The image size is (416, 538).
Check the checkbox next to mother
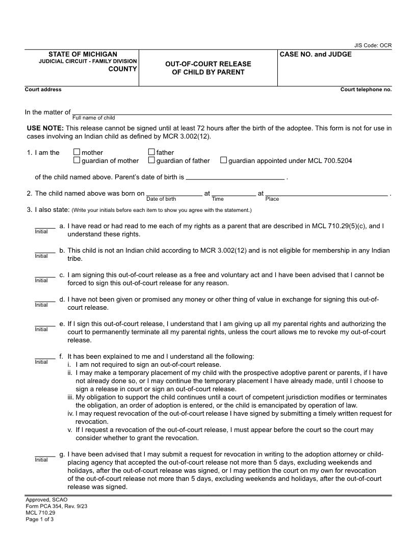[x=77, y=152]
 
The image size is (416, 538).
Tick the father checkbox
[x=152, y=152]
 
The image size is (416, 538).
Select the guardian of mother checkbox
[x=77, y=160]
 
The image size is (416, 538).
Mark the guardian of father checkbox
[x=152, y=160]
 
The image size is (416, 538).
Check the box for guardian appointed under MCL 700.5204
[x=224, y=160]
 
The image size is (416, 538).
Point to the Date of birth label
[x=161, y=199]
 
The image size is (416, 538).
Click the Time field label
[x=218, y=199]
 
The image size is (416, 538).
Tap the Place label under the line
[x=272, y=199]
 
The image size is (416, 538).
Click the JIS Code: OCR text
[x=373, y=45]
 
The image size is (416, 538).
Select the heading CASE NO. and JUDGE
[x=316, y=55]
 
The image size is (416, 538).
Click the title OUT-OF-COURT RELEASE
[x=208, y=64]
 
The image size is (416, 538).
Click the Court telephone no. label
[x=366, y=90]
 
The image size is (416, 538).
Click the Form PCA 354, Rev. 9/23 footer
[x=53, y=506]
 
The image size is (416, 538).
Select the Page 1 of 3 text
[x=40, y=520]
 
